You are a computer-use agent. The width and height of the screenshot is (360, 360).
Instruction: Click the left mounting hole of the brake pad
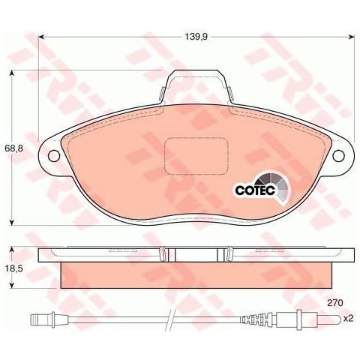(x=53, y=156)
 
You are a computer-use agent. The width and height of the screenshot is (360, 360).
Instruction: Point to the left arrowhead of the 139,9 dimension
(x=42, y=35)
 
